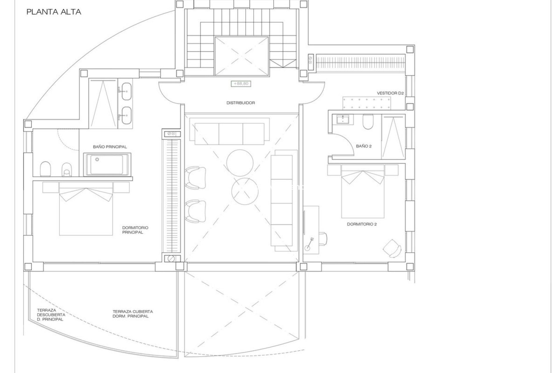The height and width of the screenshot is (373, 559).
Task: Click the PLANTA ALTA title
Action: [54, 12]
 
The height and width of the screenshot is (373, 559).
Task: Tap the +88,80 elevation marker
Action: [241, 84]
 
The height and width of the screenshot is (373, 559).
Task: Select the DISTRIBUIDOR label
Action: [241, 103]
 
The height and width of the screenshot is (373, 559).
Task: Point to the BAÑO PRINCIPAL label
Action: [110, 147]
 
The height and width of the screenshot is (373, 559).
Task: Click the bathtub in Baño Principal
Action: [107, 164]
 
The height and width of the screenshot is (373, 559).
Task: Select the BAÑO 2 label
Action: [364, 146]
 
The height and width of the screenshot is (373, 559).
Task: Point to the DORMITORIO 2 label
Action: [362, 224]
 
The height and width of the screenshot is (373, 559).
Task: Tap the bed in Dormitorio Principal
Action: [86, 209]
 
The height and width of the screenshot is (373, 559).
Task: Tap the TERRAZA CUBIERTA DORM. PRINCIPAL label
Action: [133, 314]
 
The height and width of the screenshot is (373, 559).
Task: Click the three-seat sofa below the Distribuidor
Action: [229, 134]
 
